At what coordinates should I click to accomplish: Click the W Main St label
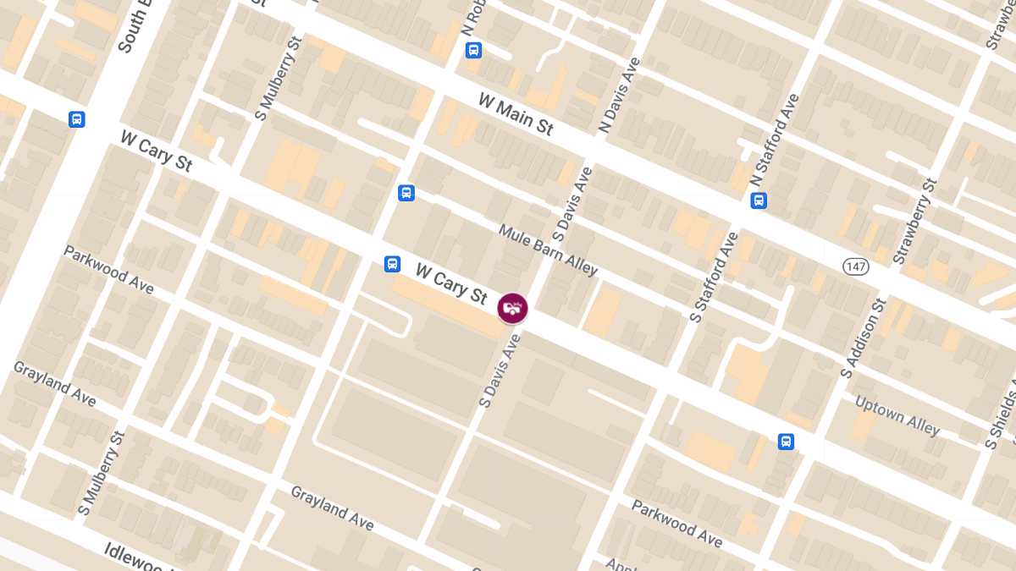click(516, 114)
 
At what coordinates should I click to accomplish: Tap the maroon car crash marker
click(512, 308)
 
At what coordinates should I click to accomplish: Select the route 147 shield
click(856, 266)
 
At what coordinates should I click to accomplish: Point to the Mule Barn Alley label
click(548, 250)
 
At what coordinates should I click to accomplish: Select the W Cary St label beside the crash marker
click(451, 283)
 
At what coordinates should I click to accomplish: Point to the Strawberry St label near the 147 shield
click(914, 222)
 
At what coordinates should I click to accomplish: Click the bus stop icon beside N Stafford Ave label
click(759, 200)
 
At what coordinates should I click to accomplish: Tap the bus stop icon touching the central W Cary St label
click(392, 264)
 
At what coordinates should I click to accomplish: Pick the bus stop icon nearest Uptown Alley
click(786, 442)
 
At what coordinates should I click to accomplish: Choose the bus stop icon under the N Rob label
click(473, 50)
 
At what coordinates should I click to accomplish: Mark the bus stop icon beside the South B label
click(77, 119)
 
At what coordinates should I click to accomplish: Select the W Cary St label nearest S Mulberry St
click(157, 151)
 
